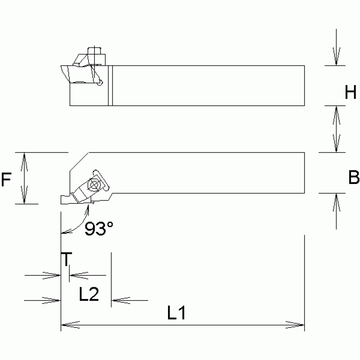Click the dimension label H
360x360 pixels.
350,93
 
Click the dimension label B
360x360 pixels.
353,178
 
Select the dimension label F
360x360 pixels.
6,180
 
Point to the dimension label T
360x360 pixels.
67,259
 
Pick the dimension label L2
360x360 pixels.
88,294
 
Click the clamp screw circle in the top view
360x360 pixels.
95,185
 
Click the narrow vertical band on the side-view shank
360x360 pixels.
110,85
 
